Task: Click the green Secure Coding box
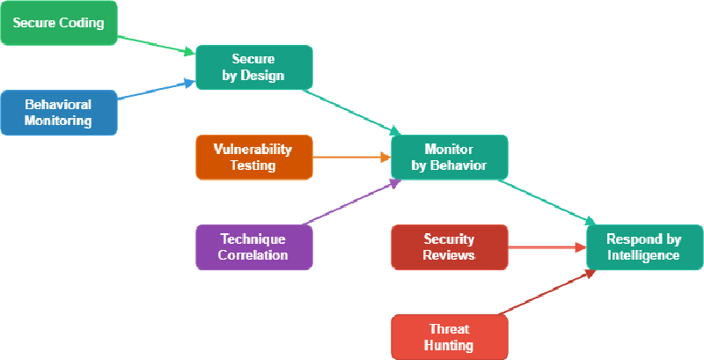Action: (58, 23)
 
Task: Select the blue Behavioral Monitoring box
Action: (58, 113)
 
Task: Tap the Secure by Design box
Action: (253, 68)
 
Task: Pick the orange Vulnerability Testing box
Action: (253, 158)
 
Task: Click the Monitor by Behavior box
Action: (449, 158)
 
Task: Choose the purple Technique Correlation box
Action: (253, 247)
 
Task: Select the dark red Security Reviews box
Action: (449, 247)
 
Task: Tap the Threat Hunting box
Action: (449, 337)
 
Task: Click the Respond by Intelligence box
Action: (643, 247)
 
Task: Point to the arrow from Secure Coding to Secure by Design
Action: (156, 45)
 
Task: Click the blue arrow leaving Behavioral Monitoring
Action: (156, 91)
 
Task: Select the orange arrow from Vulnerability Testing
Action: (351, 158)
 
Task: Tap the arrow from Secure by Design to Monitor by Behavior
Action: (351, 113)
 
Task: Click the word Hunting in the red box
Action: (449, 346)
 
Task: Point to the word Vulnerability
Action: (253, 149)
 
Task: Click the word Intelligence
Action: (643, 256)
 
